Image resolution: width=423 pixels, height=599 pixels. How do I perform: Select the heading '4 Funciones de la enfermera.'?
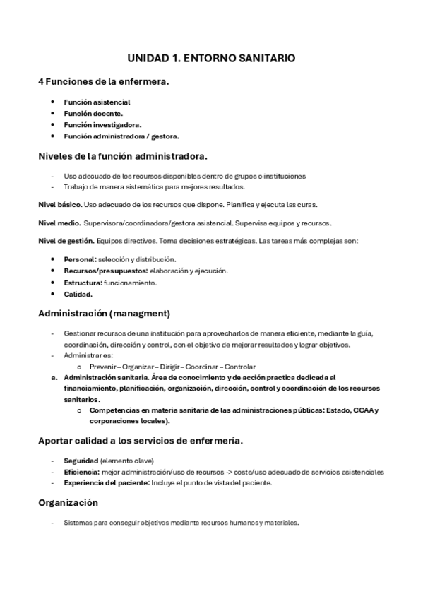pyautogui.click(x=103, y=82)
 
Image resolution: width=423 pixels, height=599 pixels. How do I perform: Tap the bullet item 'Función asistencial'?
pyautogui.click(x=97, y=102)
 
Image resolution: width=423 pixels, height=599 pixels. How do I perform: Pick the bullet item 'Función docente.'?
pyautogui.click(x=93, y=113)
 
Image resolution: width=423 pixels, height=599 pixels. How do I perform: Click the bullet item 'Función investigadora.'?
pyautogui.click(x=102, y=124)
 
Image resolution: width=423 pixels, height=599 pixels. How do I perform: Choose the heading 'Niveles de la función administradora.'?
pyautogui.click(x=122, y=155)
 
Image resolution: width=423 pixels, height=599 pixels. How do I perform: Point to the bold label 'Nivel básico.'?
pyautogui.click(x=59, y=204)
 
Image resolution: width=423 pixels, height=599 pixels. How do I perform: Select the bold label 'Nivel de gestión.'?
pyautogui.click(x=66, y=241)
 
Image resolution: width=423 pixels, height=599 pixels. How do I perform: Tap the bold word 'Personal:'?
pyautogui.click(x=80, y=259)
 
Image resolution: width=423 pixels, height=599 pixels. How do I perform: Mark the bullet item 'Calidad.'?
pyautogui.click(x=78, y=294)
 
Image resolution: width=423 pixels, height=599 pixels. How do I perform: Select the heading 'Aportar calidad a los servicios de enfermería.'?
pyautogui.click(x=141, y=441)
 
